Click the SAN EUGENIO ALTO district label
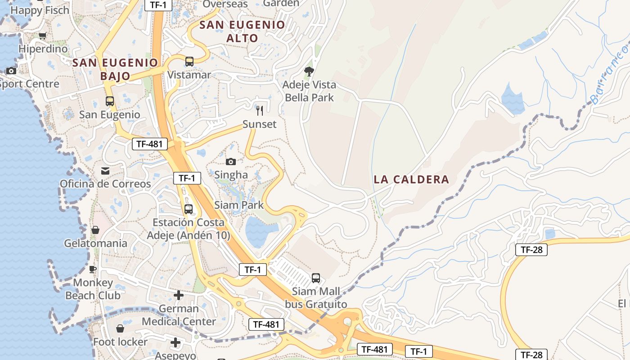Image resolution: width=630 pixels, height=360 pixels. coord(242,31)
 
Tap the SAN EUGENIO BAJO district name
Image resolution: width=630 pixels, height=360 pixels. coord(115,69)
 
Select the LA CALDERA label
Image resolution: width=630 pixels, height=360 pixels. coord(411,180)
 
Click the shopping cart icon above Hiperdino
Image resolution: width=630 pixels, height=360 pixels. coord(43,36)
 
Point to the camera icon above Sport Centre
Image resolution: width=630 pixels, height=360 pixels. coord(11,71)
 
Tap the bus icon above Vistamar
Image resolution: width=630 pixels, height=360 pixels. coord(189,61)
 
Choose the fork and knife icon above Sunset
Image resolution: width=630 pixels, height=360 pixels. coord(260,110)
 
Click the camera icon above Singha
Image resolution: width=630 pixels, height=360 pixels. coord(231,162)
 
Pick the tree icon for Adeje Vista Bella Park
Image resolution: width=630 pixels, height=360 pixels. coord(309,71)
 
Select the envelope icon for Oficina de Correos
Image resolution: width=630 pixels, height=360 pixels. coord(105,171)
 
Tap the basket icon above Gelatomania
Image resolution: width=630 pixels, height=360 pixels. coord(95,230)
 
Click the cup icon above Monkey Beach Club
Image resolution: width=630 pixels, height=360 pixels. coord(93,269)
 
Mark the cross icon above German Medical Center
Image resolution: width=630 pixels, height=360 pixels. coord(179,295)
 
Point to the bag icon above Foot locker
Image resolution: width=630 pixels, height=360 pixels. coord(120,328)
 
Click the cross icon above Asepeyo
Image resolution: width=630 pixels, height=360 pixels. coord(175,343)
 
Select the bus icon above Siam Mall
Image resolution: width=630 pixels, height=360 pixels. coord(316,278)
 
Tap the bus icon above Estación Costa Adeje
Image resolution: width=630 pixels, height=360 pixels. coord(189,209)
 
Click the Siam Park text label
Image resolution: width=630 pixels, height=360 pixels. coord(239,205)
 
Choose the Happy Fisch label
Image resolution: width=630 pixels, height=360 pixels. coord(40,10)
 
